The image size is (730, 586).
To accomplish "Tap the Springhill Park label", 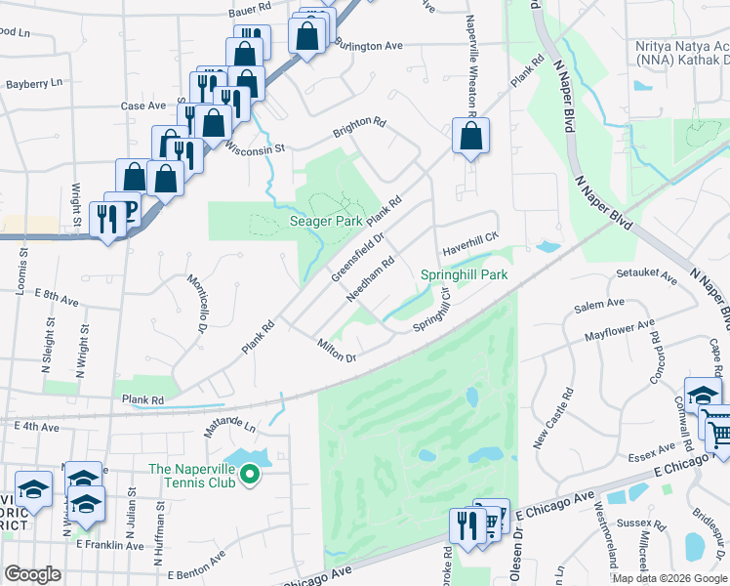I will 465,275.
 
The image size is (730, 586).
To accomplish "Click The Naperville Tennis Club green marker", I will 250,476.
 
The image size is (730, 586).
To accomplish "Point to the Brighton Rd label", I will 359,124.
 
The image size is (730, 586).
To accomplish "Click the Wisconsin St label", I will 254,149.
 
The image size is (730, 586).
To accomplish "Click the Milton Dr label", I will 337,350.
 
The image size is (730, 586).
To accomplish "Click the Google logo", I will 32,574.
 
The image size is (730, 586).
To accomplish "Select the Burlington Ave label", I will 368,45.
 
